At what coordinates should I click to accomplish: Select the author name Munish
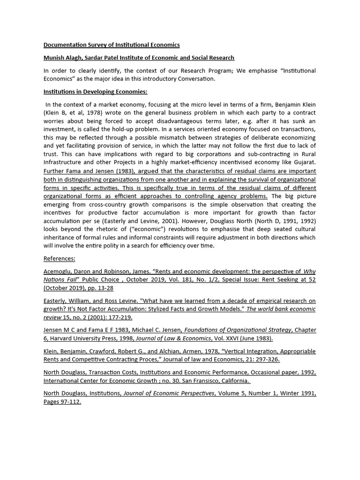55,58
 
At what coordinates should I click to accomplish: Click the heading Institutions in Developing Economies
95,91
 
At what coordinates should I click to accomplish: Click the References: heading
59,259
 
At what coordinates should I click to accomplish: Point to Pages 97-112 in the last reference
62,402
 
